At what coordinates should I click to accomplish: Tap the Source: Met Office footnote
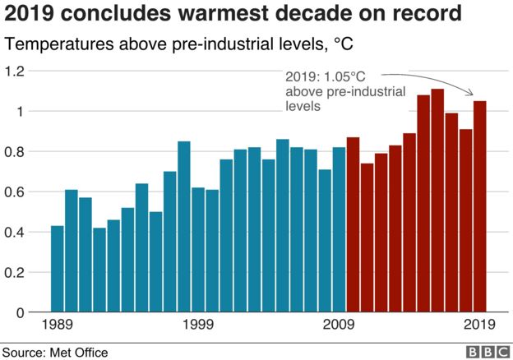click(x=55, y=352)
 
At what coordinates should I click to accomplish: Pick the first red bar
click(x=353, y=224)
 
